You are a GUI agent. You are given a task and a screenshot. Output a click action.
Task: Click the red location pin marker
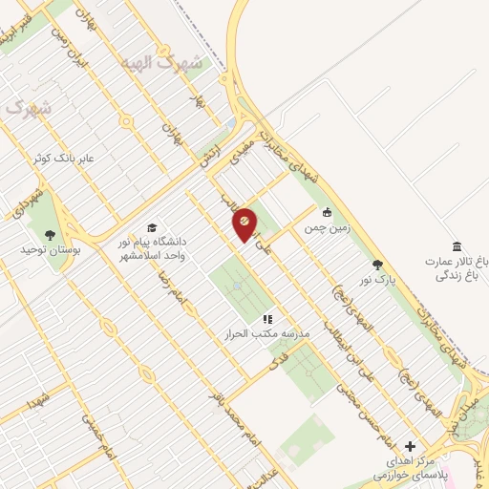pos(244,223)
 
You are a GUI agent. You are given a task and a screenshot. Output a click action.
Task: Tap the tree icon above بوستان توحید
pos(50,234)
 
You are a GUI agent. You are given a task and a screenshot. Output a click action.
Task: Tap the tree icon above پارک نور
pos(378,265)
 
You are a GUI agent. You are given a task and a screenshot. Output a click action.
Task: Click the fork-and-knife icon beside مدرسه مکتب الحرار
pos(268,319)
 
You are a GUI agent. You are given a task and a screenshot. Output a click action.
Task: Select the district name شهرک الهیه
pos(162,62)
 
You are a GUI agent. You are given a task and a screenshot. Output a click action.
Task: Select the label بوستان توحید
pos(48,249)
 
